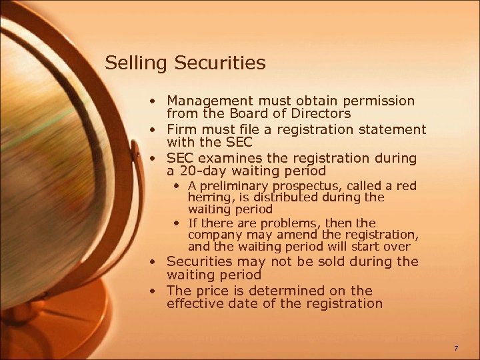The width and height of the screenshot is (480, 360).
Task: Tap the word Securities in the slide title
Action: coord(220,63)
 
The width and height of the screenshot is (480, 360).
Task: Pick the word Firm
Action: coord(182,129)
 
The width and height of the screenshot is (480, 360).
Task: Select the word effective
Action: coord(194,304)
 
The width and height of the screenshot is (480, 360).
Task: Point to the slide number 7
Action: coord(455,349)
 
